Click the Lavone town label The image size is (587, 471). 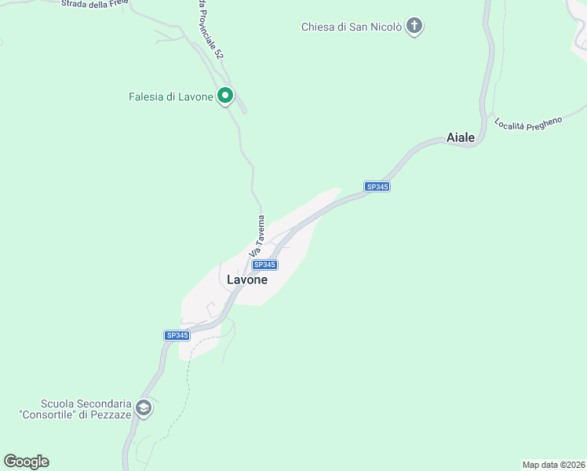pyautogui.click(x=247, y=279)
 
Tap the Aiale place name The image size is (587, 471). pyautogui.click(x=461, y=137)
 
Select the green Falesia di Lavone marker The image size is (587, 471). pyautogui.click(x=225, y=97)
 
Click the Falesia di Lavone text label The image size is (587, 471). pyautogui.click(x=171, y=97)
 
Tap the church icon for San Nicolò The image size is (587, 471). pyautogui.click(x=414, y=27)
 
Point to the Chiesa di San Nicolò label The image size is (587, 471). pyautogui.click(x=352, y=27)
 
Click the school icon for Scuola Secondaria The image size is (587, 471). pyautogui.click(x=144, y=407)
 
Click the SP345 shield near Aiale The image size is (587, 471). pyautogui.click(x=377, y=187)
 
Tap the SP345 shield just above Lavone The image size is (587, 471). pyautogui.click(x=265, y=265)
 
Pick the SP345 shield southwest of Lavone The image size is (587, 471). pyautogui.click(x=177, y=335)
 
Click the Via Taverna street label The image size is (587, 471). pyautogui.click(x=256, y=236)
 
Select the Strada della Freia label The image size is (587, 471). pyautogui.click(x=95, y=3)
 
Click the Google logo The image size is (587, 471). pyautogui.click(x=26, y=462)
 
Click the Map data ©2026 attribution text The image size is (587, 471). pyautogui.click(x=553, y=464)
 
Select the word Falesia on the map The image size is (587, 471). pyautogui.click(x=148, y=97)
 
